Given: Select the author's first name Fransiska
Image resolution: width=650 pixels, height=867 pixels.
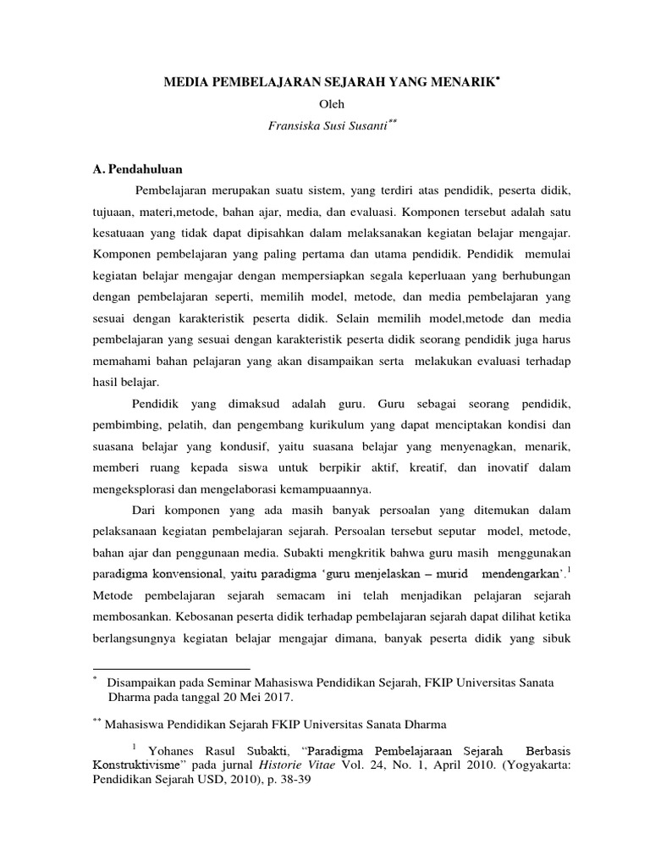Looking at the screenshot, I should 292,124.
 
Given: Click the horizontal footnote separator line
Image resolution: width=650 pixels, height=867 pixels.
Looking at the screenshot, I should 170,668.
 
